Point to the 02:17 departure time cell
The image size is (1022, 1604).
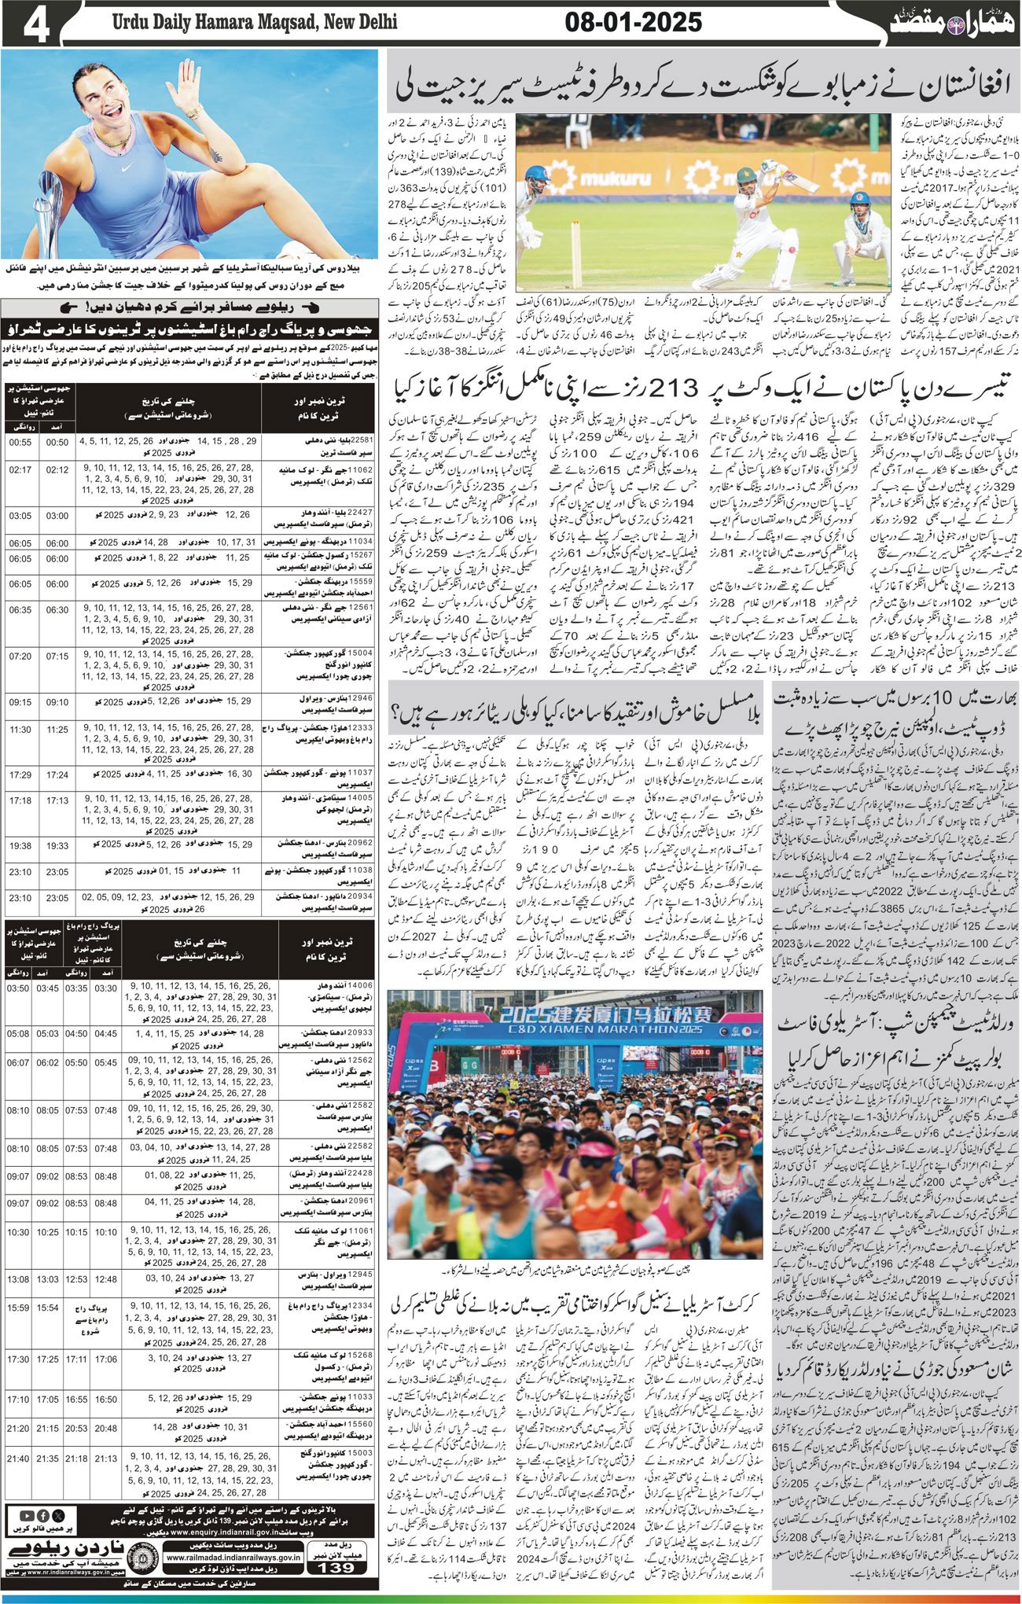point(20,469)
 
